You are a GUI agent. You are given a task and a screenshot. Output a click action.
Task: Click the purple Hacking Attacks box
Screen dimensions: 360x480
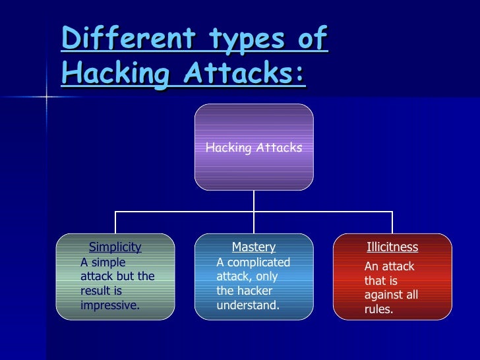[x=254, y=147]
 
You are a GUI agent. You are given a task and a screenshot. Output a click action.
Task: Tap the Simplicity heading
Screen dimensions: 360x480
[x=115, y=247]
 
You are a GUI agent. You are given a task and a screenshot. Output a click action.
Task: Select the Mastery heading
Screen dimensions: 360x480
[x=254, y=247]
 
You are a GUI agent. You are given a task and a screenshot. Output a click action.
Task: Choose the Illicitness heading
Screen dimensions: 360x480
[x=392, y=247]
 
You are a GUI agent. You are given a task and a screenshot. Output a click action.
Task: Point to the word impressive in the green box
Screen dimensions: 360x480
[x=109, y=305]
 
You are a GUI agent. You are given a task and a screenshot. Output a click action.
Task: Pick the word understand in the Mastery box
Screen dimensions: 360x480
[x=247, y=305]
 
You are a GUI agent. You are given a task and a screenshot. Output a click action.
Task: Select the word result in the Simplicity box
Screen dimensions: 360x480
[x=93, y=290]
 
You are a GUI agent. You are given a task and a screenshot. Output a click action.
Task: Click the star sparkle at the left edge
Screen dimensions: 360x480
[x=47, y=97]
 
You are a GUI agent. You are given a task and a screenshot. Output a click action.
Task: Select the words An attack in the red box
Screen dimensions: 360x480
[x=389, y=266]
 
